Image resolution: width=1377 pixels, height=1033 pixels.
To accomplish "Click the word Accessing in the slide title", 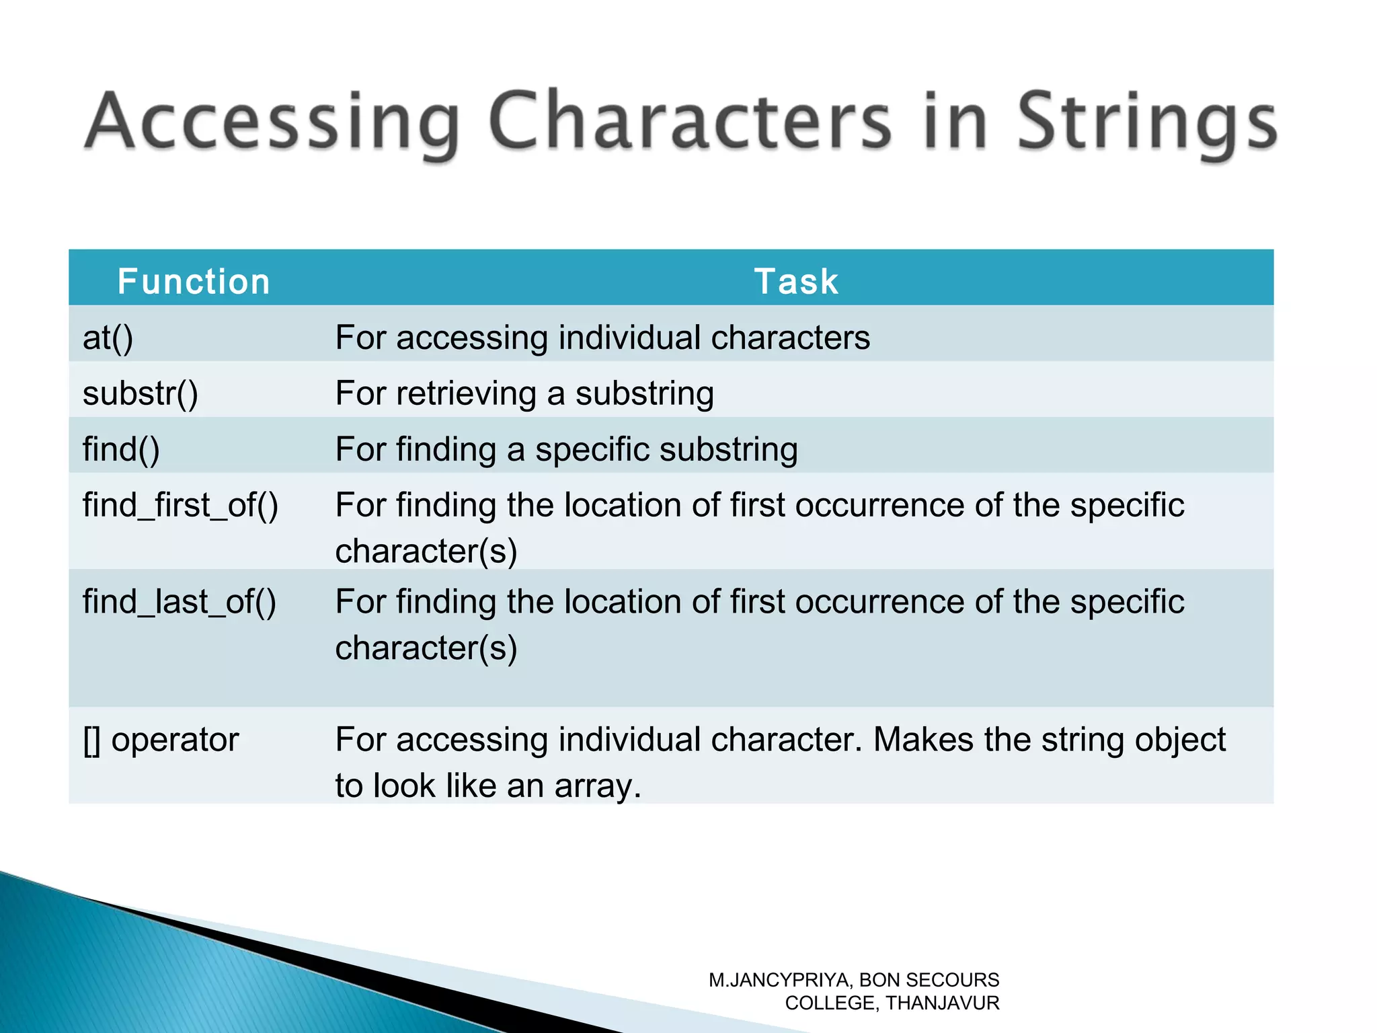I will (x=272, y=122).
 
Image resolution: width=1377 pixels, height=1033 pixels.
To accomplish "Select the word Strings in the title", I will (x=1146, y=122).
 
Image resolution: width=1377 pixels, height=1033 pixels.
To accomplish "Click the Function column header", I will (x=194, y=281).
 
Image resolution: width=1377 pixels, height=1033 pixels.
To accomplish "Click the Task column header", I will (x=796, y=281).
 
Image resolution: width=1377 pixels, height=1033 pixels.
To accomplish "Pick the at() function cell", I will (x=108, y=338).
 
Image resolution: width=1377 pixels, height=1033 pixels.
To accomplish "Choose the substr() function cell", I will (x=141, y=393).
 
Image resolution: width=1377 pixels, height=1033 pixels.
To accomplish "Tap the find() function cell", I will (x=121, y=449).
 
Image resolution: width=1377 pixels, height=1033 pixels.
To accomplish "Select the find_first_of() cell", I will (x=180, y=505).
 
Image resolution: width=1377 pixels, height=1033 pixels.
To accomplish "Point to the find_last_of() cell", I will (x=179, y=602).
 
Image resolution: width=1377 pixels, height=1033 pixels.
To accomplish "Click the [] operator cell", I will (x=161, y=740).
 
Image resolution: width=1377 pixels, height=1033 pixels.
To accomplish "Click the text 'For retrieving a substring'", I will (x=524, y=393).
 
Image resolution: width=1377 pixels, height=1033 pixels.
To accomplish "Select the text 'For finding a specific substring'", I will (x=566, y=449).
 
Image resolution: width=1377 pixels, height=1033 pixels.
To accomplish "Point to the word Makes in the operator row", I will (x=922, y=740).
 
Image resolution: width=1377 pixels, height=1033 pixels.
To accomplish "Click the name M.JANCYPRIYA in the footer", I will (x=780, y=980).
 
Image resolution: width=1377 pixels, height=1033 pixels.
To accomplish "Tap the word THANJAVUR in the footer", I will (x=942, y=1003).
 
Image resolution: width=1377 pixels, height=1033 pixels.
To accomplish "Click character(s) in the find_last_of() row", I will (x=426, y=648).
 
